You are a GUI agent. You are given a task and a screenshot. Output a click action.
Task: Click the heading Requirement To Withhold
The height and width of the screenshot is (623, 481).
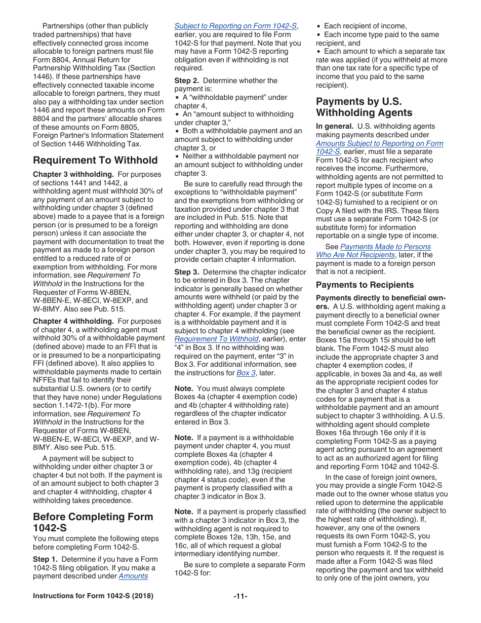point(95,161)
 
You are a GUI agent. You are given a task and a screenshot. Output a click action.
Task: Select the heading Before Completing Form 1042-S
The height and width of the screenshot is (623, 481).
point(93,522)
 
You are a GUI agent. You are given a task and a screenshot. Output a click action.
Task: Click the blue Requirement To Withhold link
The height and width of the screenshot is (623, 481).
point(216,339)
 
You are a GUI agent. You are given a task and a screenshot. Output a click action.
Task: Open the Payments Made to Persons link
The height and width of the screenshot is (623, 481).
point(385,247)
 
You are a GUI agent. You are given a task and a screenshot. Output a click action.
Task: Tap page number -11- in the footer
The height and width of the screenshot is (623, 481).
point(240,596)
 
